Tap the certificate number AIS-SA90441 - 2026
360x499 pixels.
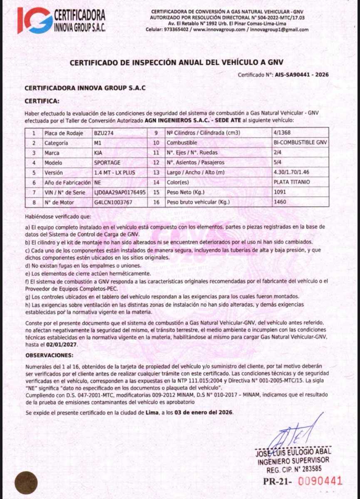(x=305, y=75)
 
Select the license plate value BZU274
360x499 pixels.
(x=104, y=133)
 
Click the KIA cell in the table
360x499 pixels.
(x=99, y=153)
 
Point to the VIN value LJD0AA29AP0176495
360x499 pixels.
(x=120, y=192)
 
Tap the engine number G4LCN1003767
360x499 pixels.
(x=113, y=202)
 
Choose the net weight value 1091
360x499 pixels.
(x=280, y=192)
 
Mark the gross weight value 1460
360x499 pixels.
(x=280, y=202)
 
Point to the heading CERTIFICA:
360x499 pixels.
(x=42, y=101)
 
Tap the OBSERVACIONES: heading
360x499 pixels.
(x=49, y=356)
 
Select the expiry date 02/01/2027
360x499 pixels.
(x=62, y=345)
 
